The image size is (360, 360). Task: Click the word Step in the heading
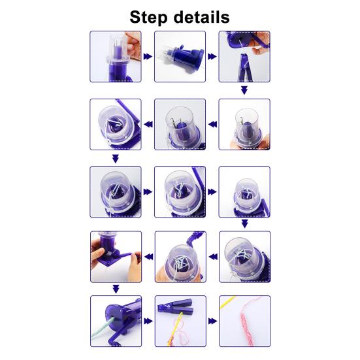[148, 18]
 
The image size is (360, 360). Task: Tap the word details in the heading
[202, 17]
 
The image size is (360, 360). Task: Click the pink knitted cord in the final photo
[248, 323]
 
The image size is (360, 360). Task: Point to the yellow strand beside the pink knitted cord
[227, 303]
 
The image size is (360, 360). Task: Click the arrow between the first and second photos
[148, 56]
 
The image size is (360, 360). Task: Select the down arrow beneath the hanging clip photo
[244, 90]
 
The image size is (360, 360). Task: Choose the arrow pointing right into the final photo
[212, 321]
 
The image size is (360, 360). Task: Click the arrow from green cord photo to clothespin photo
[148, 321]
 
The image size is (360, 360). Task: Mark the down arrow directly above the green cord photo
[116, 289]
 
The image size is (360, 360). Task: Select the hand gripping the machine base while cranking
[98, 254]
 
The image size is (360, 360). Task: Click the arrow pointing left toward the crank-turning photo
[149, 257]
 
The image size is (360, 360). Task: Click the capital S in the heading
[135, 18]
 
